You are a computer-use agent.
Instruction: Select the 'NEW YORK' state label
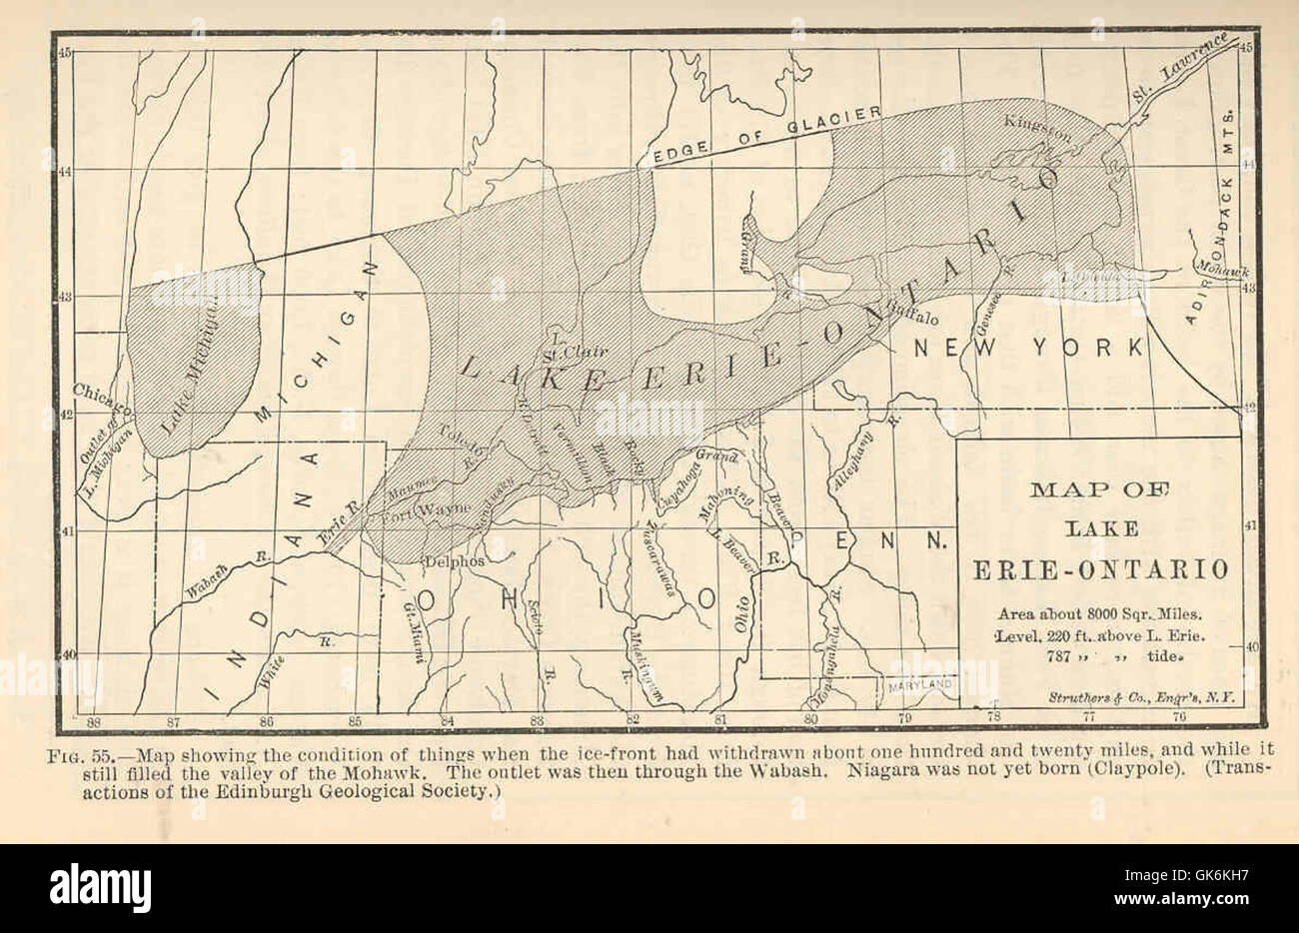1029,348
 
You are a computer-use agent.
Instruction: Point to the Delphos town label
454,561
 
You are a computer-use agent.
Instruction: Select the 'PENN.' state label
870,540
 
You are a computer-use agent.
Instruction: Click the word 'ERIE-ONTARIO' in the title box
1101,569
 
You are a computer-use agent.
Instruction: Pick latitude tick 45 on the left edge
64,52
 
